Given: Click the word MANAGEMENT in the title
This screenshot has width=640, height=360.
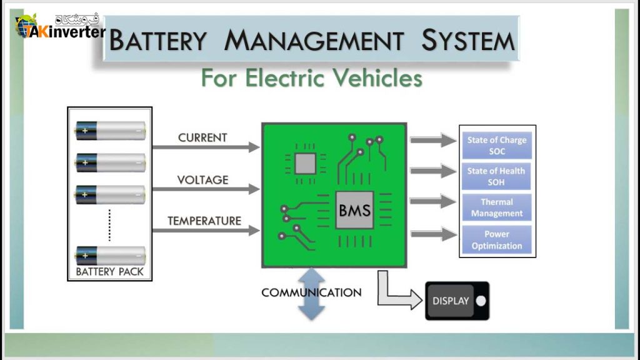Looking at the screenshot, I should coord(314,41).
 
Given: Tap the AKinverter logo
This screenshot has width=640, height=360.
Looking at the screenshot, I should coord(60,26).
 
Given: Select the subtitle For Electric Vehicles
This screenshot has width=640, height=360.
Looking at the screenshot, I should coord(311,79).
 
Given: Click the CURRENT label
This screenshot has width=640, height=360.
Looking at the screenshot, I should coord(202,137).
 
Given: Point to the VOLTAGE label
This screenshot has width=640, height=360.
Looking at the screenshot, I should coord(202,180).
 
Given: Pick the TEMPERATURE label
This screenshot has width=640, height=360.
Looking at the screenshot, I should coord(204,221).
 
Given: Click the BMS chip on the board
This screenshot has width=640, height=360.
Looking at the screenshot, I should coord(354,210).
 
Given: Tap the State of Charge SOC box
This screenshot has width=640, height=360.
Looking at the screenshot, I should coord(496,146).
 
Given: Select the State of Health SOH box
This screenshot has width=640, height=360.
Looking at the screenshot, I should coord(496,176).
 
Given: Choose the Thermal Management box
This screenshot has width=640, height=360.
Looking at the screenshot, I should coord(496,207).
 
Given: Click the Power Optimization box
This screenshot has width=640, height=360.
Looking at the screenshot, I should coord(496,240).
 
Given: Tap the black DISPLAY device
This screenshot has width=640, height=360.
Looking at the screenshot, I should coord(456,301).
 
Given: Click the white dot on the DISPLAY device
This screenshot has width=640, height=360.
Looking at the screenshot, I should coord(480,301).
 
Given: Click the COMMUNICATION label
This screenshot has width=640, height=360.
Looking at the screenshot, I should coord(311,292).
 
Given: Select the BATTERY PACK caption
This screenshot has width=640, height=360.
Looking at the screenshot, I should coord(109,272).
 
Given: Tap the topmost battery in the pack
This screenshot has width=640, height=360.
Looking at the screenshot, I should coord(110,130).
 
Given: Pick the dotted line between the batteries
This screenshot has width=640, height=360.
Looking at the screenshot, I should coord(110,225).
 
